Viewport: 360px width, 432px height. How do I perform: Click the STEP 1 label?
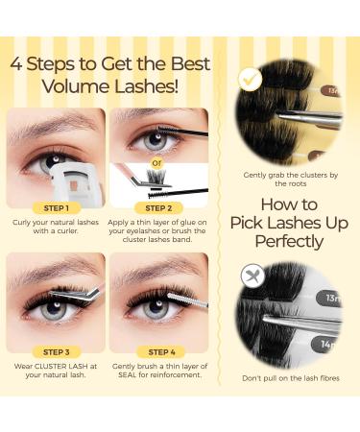[57, 207]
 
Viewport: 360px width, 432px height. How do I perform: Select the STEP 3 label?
[57, 352]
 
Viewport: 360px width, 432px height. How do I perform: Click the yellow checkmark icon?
[251, 79]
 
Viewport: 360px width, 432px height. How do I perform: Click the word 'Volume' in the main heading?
[72, 90]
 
